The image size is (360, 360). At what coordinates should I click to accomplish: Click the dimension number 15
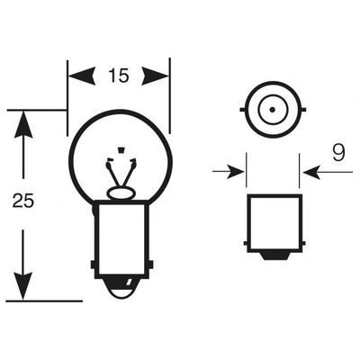click(119, 75)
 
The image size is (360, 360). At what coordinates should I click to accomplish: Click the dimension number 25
click(23, 201)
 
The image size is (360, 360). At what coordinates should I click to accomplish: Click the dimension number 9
click(338, 152)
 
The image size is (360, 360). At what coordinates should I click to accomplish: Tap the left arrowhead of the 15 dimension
click(82, 76)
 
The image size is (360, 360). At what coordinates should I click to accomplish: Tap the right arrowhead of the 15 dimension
click(156, 76)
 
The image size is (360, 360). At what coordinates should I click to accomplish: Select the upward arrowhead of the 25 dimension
click(23, 124)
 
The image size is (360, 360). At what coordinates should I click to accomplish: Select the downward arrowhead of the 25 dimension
click(23, 286)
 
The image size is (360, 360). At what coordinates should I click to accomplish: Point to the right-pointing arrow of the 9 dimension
click(229, 172)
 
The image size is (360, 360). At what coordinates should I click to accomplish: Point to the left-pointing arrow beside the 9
click(328, 172)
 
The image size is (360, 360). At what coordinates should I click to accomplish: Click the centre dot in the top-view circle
click(272, 110)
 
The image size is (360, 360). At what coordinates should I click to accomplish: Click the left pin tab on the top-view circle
click(243, 110)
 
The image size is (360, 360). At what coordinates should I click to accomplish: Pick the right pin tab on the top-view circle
click(302, 110)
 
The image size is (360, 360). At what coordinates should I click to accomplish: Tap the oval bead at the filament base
click(121, 193)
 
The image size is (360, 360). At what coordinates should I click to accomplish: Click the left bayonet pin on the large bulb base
click(93, 265)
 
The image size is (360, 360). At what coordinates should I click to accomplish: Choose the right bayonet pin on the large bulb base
click(150, 265)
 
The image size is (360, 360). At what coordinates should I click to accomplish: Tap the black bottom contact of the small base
click(274, 256)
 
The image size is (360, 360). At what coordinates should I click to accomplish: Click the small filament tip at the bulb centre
click(121, 149)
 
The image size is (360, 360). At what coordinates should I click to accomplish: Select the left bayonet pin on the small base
click(245, 243)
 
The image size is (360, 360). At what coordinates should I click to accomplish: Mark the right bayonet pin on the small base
click(303, 243)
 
